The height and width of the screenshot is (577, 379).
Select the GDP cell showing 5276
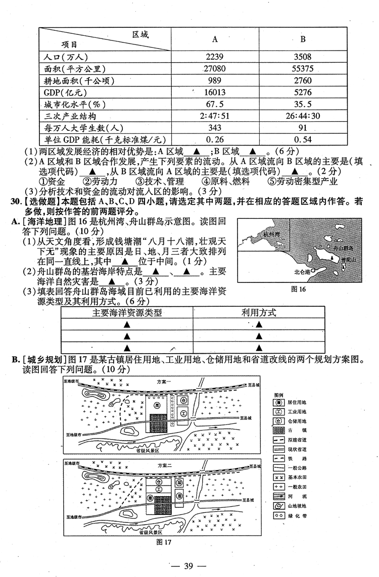click(303, 92)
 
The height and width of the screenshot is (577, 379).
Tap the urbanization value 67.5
click(215, 104)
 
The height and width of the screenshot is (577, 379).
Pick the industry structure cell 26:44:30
click(303, 116)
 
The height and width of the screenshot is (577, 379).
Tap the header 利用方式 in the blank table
click(258, 313)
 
